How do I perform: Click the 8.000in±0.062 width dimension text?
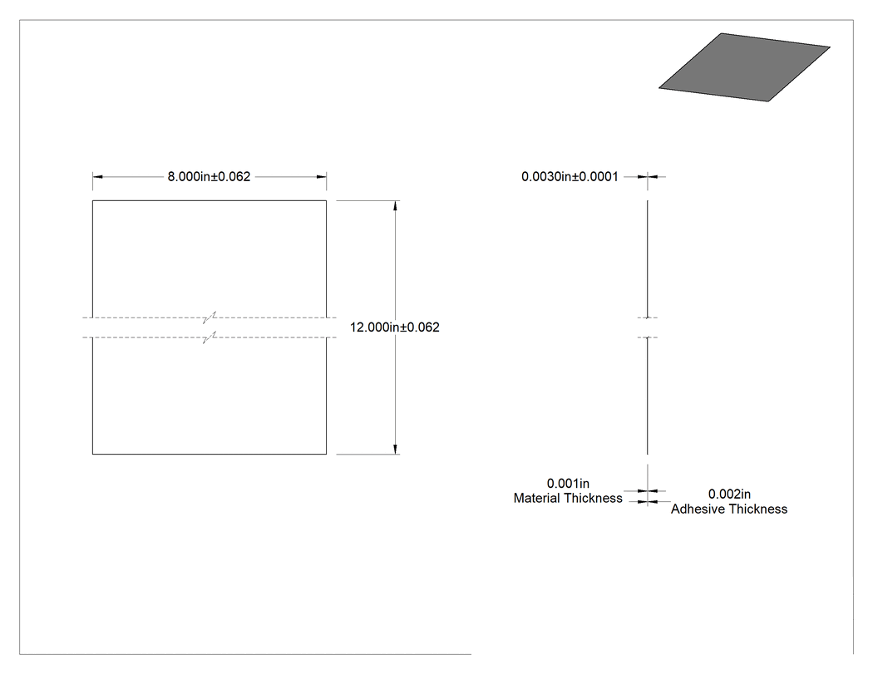pyautogui.click(x=209, y=176)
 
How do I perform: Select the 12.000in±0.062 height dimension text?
pyautogui.click(x=394, y=327)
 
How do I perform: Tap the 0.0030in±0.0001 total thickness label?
pyautogui.click(x=570, y=176)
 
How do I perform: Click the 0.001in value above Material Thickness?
pyautogui.click(x=568, y=483)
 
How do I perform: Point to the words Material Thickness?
pyautogui.click(x=568, y=498)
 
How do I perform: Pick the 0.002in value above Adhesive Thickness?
pyautogui.click(x=729, y=494)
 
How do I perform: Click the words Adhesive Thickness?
pyautogui.click(x=729, y=509)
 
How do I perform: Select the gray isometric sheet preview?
pyautogui.click(x=744, y=67)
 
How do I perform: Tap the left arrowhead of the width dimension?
pyautogui.click(x=97, y=177)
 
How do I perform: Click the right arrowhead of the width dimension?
pyautogui.click(x=321, y=177)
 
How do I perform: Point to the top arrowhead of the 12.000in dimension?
pyautogui.click(x=395, y=206)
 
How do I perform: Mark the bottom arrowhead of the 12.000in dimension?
pyautogui.click(x=395, y=449)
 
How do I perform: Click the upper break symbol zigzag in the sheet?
pyautogui.click(x=210, y=317)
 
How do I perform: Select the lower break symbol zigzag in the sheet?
pyautogui.click(x=210, y=337)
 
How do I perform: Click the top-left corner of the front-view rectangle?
pyautogui.click(x=92, y=200)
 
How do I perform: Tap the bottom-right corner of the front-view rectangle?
pyautogui.click(x=326, y=454)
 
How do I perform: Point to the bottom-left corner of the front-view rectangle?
pyautogui.click(x=92, y=454)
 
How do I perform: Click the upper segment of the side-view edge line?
pyautogui.click(x=648, y=258)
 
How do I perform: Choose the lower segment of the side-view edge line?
pyautogui.click(x=648, y=396)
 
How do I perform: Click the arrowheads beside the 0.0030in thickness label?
pyautogui.click(x=648, y=176)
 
